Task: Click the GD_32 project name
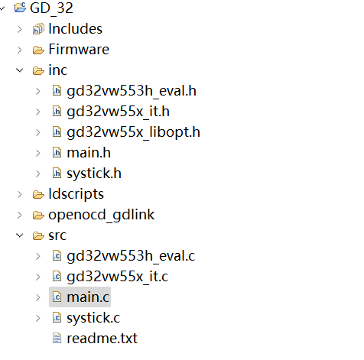(51, 8)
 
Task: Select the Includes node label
(76, 29)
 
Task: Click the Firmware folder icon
(38, 50)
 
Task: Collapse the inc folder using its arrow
(20, 70)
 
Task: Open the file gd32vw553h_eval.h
(132, 91)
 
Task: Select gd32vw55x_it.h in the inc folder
(118, 112)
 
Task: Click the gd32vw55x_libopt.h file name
(133, 132)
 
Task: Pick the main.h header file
(89, 153)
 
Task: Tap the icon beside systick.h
(57, 174)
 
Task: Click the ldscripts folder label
(76, 195)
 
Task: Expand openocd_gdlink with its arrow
(20, 216)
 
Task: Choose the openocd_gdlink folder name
(102, 216)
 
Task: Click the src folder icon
(38, 235)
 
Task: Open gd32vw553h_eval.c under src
(131, 256)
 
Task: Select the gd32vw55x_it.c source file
(118, 277)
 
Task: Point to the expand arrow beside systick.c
(38, 318)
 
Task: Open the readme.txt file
(102, 339)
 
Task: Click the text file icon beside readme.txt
(57, 339)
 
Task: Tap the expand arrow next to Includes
(20, 30)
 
